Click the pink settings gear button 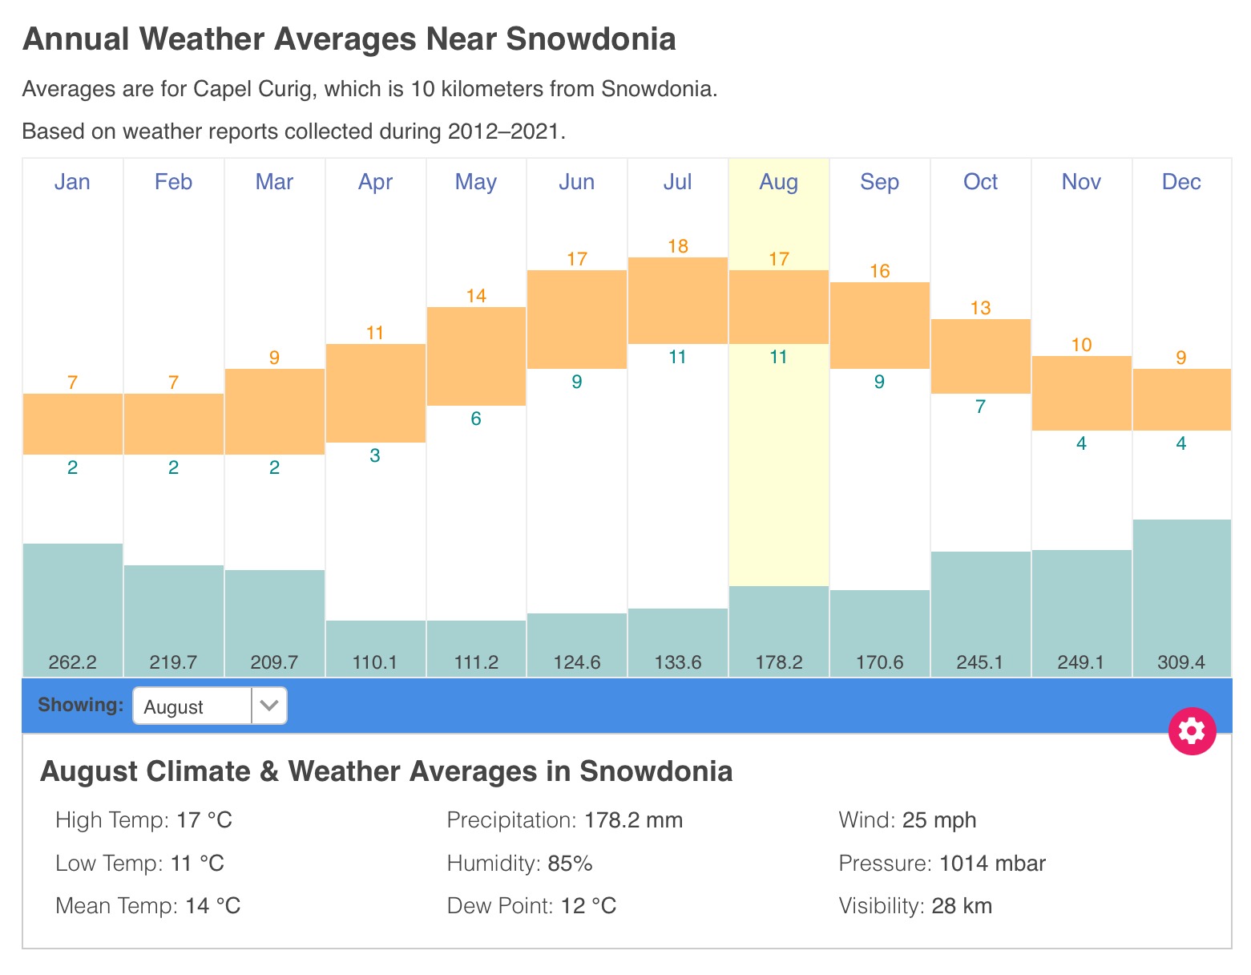1192,730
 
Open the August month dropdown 209,706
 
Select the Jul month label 677,182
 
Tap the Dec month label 1181,182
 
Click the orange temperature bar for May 476,356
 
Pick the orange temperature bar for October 980,356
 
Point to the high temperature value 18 678,246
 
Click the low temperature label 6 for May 476,419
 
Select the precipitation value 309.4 1181,662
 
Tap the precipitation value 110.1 375,662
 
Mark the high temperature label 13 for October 980,308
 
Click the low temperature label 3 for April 375,455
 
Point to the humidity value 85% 570,864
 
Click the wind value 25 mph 939,820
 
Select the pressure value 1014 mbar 992,864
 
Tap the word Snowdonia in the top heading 591,38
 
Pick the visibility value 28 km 962,906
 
